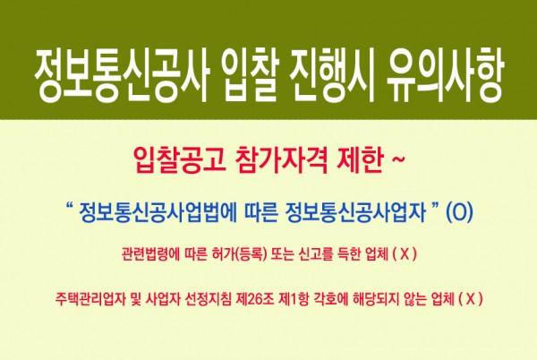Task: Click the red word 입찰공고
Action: pyautogui.click(x=180, y=160)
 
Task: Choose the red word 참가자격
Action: pyautogui.click(x=282, y=160)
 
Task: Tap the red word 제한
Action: pyautogui.click(x=359, y=160)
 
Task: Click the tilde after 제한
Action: pyautogui.click(x=397, y=159)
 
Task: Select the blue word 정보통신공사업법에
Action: pyautogui.click(x=158, y=212)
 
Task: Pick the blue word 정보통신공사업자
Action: pyautogui.click(x=354, y=212)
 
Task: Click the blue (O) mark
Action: pyautogui.click(x=460, y=212)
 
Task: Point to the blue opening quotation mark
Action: pyautogui.click(x=69, y=207)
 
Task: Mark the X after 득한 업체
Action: pyautogui.click(x=405, y=255)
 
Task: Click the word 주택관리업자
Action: pyautogui.click(x=89, y=300)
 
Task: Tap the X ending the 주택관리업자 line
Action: pyautogui.click(x=471, y=300)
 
